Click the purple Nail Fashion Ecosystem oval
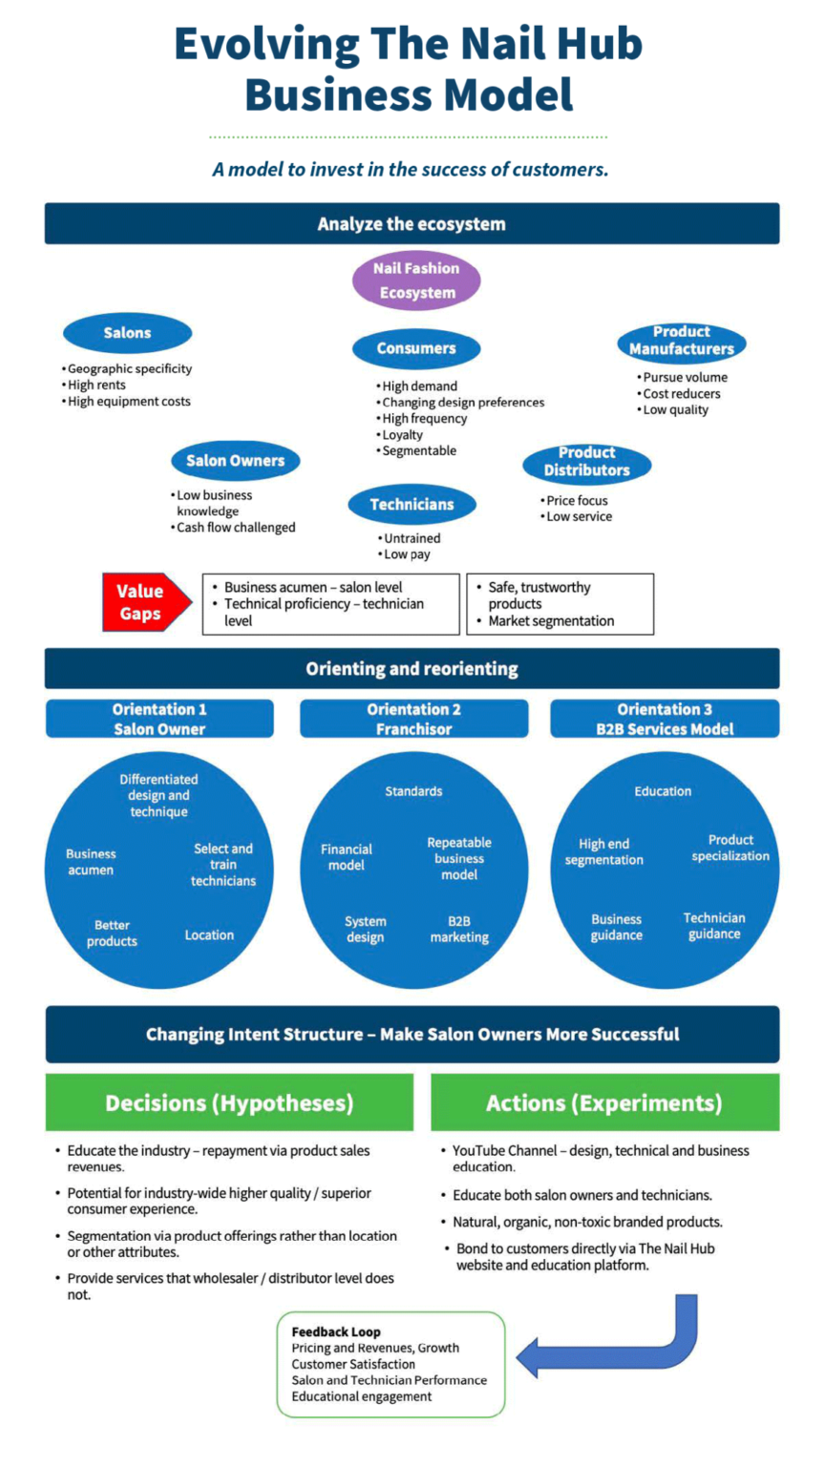[x=416, y=280]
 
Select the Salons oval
[x=128, y=333]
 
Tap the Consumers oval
[x=416, y=348]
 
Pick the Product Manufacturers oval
[x=682, y=341]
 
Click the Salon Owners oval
[x=236, y=461]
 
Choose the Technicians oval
[x=411, y=505]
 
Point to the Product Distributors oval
[x=586, y=462]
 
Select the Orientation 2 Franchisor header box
[x=413, y=719]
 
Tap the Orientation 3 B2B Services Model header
[x=665, y=719]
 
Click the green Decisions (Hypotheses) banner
[x=229, y=1102]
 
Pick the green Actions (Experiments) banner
[x=604, y=1102]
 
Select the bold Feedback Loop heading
[x=336, y=1331]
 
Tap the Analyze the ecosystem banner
[x=411, y=224]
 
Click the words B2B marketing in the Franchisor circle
[x=459, y=930]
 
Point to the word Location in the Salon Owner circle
[x=209, y=935]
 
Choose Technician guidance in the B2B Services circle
[x=714, y=926]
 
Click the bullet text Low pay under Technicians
[x=407, y=555]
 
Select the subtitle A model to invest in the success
[x=411, y=170]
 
